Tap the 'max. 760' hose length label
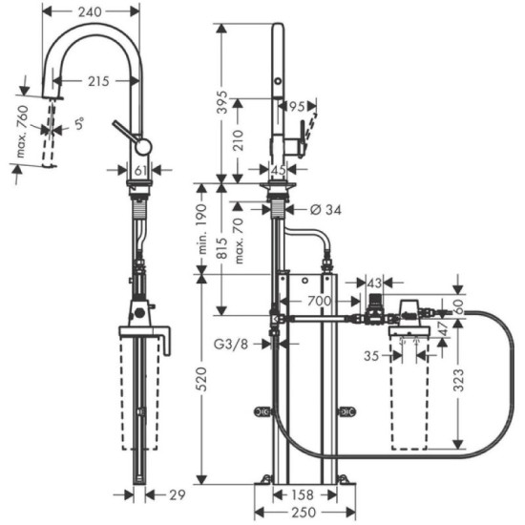(x=29, y=130)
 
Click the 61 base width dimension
(x=140, y=170)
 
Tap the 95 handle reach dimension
(x=297, y=106)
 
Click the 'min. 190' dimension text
(x=202, y=228)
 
